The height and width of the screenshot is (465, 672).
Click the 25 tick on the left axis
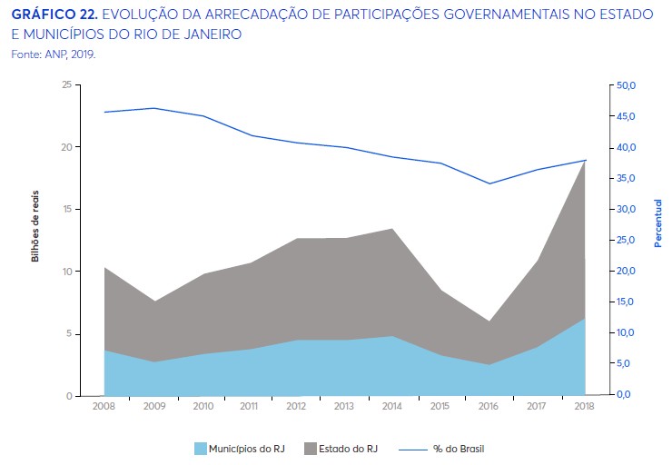pyautogui.click(x=66, y=84)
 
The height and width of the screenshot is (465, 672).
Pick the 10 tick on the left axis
pyautogui.click(x=66, y=272)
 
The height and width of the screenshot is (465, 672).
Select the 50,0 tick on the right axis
pyautogui.click(x=628, y=85)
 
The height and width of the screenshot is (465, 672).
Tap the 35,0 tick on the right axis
pyautogui.click(x=628, y=178)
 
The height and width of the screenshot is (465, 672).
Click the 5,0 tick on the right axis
pyautogui.click(x=628, y=364)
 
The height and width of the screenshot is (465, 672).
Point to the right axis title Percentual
pyautogui.click(x=657, y=223)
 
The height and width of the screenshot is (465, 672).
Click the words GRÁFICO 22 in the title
pyautogui.click(x=47, y=15)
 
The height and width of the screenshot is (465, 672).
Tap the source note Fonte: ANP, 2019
pyautogui.click(x=54, y=54)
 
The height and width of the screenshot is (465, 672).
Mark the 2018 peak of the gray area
pyautogui.click(x=585, y=162)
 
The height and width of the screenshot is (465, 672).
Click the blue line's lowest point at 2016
pyautogui.click(x=489, y=183)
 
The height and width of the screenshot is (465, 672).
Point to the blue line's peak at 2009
pyautogui.click(x=153, y=108)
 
